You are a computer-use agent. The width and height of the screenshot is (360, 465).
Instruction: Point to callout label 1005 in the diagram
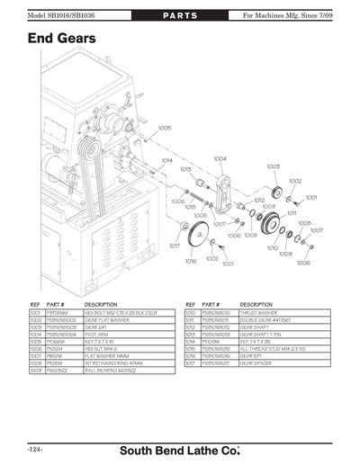tap(165, 129)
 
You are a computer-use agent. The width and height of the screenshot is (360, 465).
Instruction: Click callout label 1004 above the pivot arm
tap(220, 158)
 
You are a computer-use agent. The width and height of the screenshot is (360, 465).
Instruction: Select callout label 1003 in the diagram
tap(273, 166)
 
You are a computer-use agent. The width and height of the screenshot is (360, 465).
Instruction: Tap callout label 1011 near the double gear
tap(292, 212)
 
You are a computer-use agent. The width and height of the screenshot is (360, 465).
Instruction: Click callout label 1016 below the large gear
tap(191, 262)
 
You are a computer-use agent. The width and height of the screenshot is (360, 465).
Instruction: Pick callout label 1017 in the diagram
tap(175, 245)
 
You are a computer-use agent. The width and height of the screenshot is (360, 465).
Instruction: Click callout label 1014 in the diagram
tap(166, 161)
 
